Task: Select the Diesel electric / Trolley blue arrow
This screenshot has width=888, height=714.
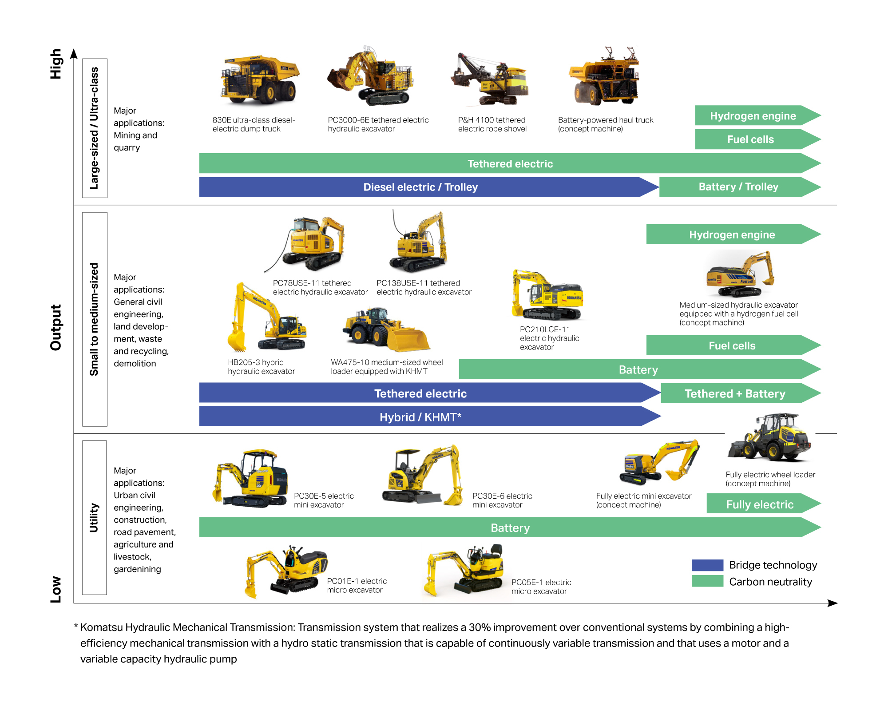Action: pyautogui.click(x=420, y=187)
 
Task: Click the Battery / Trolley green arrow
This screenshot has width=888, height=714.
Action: pyautogui.click(x=738, y=187)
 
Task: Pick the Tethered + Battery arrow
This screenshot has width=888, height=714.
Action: pyautogui.click(x=735, y=393)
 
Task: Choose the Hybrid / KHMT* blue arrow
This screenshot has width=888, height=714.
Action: pyautogui.click(x=420, y=417)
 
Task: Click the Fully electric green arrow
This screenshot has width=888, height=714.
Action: pyautogui.click(x=760, y=504)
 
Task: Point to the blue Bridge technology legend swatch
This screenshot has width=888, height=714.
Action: pyautogui.click(x=707, y=565)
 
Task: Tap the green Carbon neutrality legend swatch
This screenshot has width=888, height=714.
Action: pyautogui.click(x=707, y=581)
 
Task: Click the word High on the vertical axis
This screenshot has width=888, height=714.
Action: pyautogui.click(x=56, y=64)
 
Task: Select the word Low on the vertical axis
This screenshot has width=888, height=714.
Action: pyautogui.click(x=56, y=589)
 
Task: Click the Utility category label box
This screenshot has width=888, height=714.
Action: pyautogui.click(x=94, y=517)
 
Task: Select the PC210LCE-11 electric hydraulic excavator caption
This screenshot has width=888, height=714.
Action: pyautogui.click(x=549, y=338)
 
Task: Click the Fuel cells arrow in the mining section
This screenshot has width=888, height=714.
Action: pyautogui.click(x=750, y=139)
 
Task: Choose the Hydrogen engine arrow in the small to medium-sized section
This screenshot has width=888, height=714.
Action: pyautogui.click(x=732, y=234)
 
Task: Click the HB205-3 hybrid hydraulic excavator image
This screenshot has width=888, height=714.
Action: pyautogui.click(x=266, y=317)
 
